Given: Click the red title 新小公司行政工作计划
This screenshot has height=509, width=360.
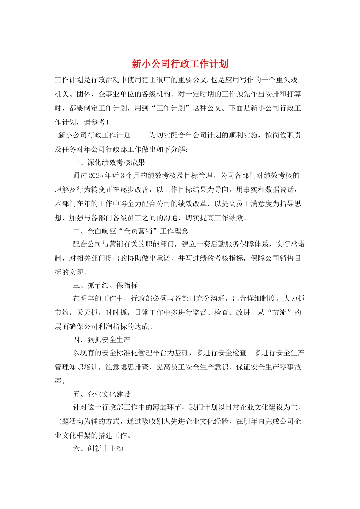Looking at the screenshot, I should (x=180, y=64).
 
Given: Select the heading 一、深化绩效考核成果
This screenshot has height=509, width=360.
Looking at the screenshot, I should (x=109, y=162).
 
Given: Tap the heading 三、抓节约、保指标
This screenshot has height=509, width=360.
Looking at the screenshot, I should (x=105, y=285).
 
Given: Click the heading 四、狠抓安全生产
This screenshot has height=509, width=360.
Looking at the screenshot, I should (x=102, y=340).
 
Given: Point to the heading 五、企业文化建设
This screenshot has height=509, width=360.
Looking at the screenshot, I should (x=102, y=394).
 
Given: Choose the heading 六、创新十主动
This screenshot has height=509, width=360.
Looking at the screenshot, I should (x=98, y=449).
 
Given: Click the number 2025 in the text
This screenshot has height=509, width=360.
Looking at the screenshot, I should (x=95, y=176).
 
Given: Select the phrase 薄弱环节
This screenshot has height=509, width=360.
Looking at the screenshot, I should (x=167, y=408).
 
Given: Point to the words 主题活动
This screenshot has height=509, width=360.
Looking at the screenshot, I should (x=69, y=422).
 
